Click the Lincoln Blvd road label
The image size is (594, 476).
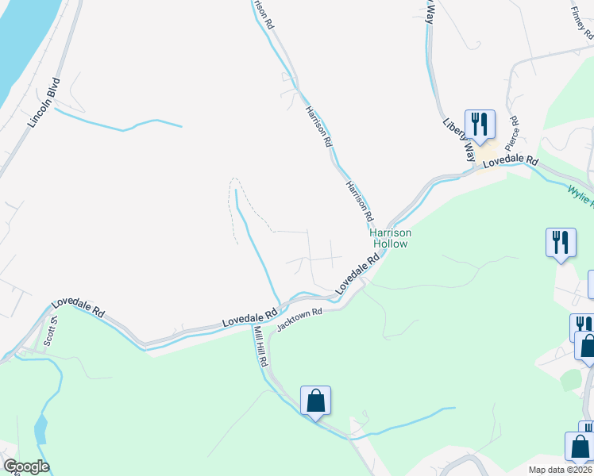[x=44, y=102]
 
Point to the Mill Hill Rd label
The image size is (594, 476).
[x=260, y=346]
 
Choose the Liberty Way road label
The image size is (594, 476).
[x=459, y=136]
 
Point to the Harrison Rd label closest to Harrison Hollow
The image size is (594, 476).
[x=358, y=200]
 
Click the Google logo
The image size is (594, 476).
[x=25, y=466]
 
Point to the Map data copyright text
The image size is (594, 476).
[x=561, y=470]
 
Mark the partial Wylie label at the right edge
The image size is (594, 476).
[x=580, y=192]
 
